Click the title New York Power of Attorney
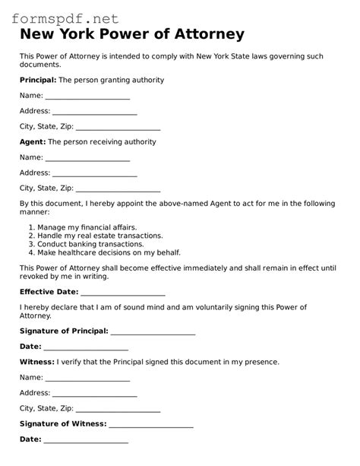[132, 34]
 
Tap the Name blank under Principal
[87, 97]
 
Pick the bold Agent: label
[33, 141]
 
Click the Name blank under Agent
[87, 158]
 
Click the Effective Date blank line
[122, 292]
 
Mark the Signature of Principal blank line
[153, 332]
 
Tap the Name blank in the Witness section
[87, 378]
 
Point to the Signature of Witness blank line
[150, 425]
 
